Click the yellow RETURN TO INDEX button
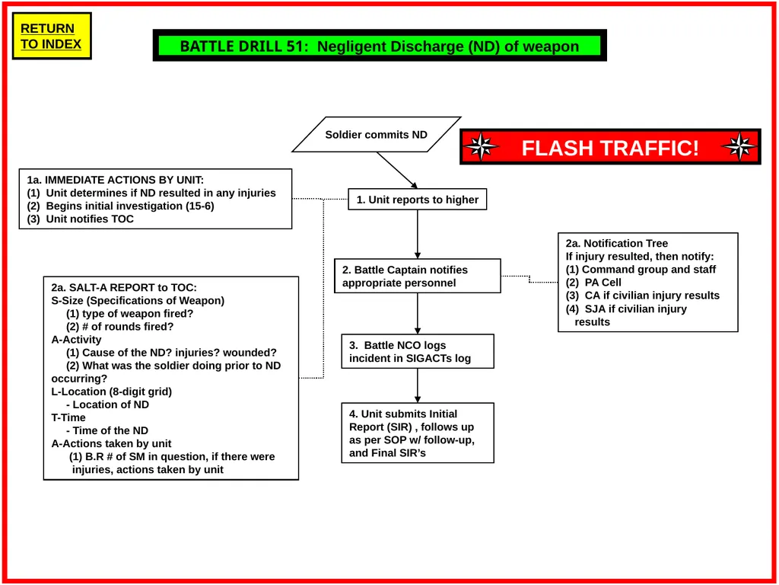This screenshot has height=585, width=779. pyautogui.click(x=52, y=36)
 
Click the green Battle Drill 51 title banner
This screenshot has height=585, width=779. pyautogui.click(x=380, y=46)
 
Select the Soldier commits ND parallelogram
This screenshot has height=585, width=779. pyautogui.click(x=376, y=134)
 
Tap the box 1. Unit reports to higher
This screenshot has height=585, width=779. pyautogui.click(x=418, y=200)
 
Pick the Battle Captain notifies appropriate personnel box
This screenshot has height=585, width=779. pyautogui.click(x=418, y=276)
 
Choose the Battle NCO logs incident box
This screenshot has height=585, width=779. pyautogui.click(x=418, y=351)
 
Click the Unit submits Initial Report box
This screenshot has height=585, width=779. pyautogui.click(x=418, y=433)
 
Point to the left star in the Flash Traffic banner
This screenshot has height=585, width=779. pyautogui.click(x=481, y=147)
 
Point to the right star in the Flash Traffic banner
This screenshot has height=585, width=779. pyautogui.click(x=739, y=147)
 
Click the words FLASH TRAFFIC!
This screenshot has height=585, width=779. pyautogui.click(x=610, y=148)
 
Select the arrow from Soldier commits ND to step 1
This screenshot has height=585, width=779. pyautogui.click(x=397, y=170)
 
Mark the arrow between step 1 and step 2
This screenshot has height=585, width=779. pyautogui.click(x=418, y=235)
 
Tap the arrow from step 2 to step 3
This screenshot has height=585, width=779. pyautogui.click(x=418, y=313)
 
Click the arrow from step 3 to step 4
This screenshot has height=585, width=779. pyautogui.click(x=418, y=385)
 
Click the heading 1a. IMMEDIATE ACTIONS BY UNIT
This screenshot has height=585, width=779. pyautogui.click(x=116, y=180)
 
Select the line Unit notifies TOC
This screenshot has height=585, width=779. pyautogui.click(x=80, y=219)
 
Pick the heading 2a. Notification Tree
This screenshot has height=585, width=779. pyautogui.click(x=616, y=243)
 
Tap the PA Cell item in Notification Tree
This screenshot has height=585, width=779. pyautogui.click(x=593, y=282)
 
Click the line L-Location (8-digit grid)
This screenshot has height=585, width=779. pyautogui.click(x=111, y=392)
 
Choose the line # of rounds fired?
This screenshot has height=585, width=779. pyautogui.click(x=119, y=326)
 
